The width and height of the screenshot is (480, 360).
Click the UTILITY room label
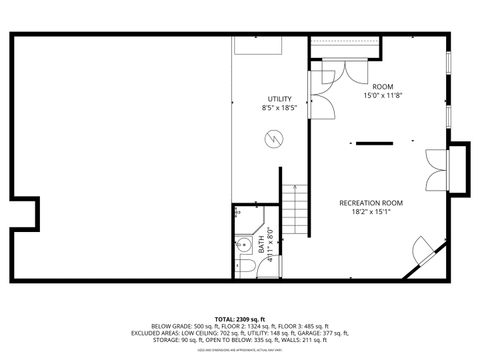pyautogui.click(x=280, y=98)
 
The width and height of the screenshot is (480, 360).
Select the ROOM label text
pyautogui.click(x=383, y=87)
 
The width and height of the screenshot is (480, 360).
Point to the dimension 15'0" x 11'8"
pyautogui.click(x=383, y=96)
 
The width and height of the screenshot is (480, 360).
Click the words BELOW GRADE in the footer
pyautogui.click(x=168, y=326)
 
